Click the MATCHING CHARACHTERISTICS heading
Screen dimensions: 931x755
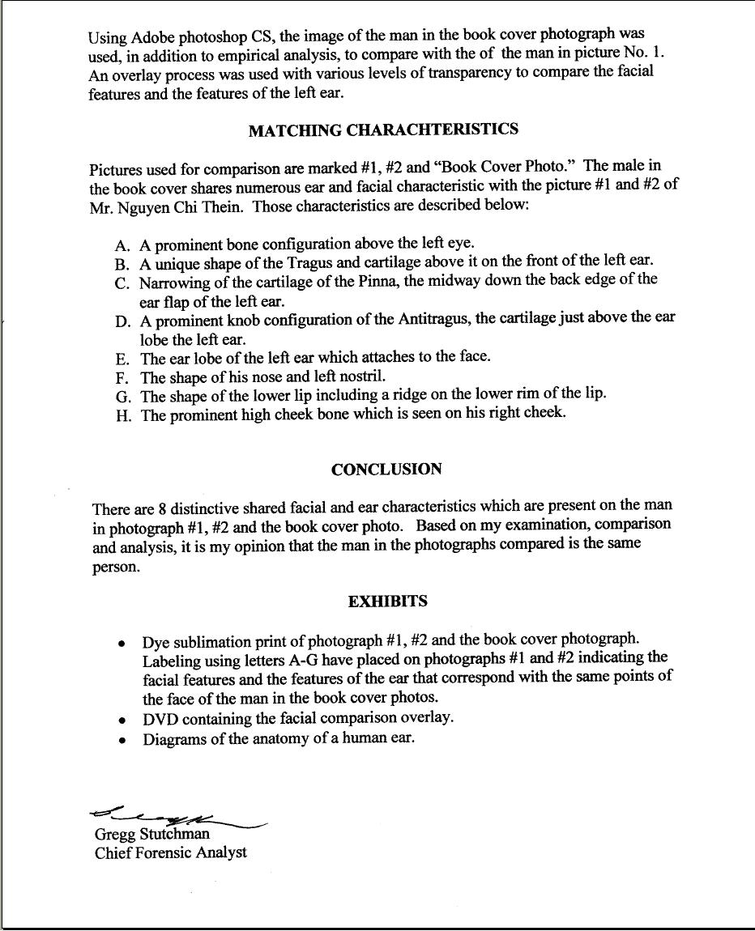point(383,130)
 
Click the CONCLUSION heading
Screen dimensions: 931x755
point(386,470)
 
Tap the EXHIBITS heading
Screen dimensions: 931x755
point(388,602)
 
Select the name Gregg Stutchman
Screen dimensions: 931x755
point(151,834)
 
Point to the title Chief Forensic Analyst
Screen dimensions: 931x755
point(171,852)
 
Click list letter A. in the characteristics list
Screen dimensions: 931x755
point(123,244)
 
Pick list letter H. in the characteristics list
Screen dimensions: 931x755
point(123,416)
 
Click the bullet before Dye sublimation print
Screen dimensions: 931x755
point(122,644)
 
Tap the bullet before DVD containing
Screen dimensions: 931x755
point(122,720)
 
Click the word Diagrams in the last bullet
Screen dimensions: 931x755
point(175,739)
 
